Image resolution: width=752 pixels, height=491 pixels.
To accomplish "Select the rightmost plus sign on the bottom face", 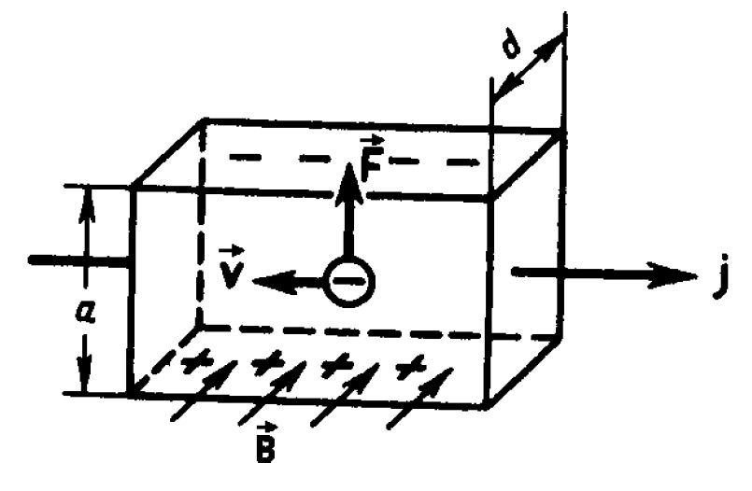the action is pyautogui.click(x=408, y=366).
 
